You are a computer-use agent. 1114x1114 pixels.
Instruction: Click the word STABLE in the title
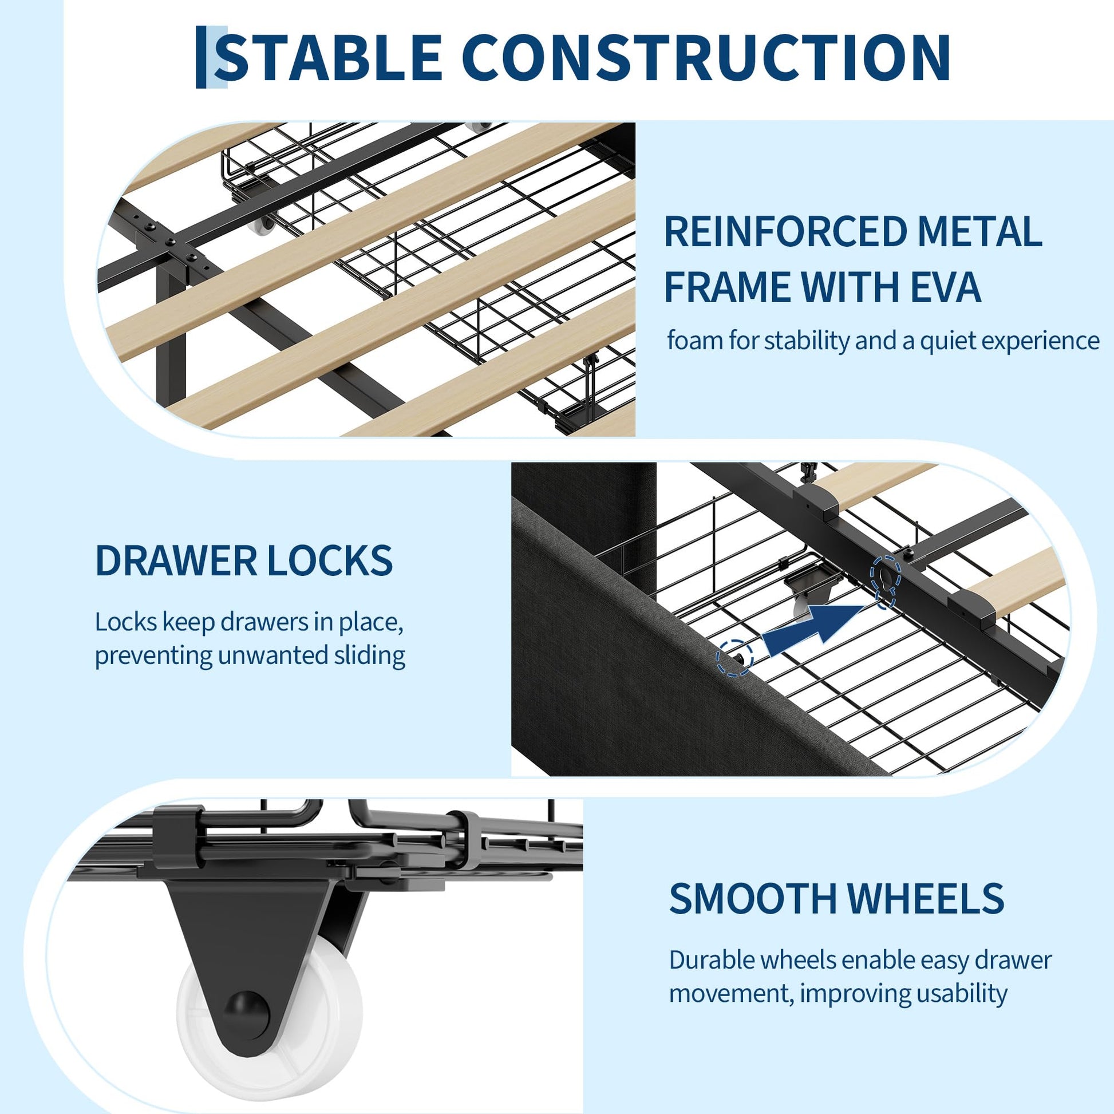tap(328, 57)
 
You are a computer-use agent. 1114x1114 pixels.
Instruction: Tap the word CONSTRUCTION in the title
tap(706, 57)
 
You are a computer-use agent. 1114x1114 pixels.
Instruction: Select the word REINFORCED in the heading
tap(786, 232)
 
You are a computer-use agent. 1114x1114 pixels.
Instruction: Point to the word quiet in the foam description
tap(948, 341)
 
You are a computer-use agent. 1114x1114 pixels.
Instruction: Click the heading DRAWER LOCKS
tap(244, 560)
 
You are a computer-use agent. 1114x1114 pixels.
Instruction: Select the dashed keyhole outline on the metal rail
tap(886, 580)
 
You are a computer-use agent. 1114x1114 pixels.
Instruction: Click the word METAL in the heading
tap(979, 232)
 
